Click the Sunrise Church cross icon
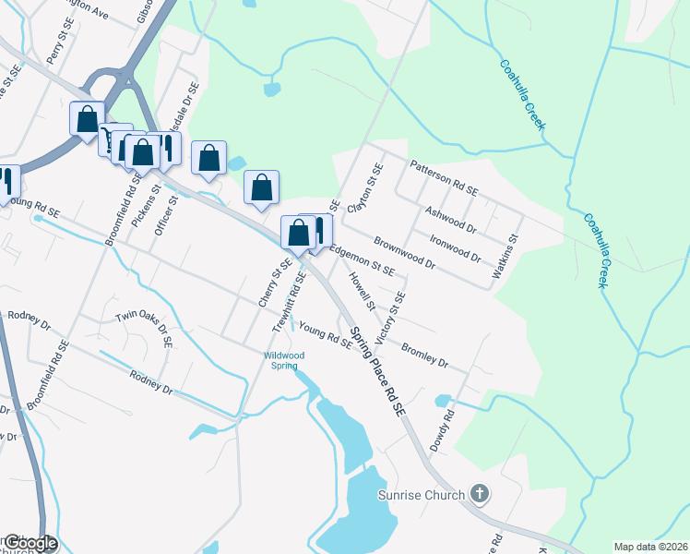coord(479,494)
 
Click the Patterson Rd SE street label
coord(445,178)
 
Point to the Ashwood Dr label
coord(449,218)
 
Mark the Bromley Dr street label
coord(424,355)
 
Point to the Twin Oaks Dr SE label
coord(144,329)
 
